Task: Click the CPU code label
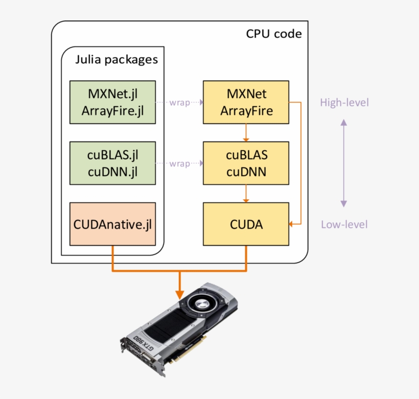(274, 34)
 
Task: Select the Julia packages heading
(117, 60)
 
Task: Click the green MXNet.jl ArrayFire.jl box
(112, 102)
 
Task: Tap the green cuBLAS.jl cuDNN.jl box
(112, 163)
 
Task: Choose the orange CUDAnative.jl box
(112, 224)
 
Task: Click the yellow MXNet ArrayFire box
(246, 102)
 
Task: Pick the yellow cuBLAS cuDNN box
(246, 163)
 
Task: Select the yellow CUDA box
(246, 224)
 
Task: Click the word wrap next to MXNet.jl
(179, 102)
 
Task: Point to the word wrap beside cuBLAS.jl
(179, 163)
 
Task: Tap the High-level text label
(344, 103)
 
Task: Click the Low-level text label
(344, 224)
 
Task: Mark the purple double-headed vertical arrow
(344, 163)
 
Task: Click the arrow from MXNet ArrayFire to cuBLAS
(246, 133)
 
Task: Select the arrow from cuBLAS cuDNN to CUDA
(246, 194)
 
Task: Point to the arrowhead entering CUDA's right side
(292, 224)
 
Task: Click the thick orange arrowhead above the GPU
(179, 294)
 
